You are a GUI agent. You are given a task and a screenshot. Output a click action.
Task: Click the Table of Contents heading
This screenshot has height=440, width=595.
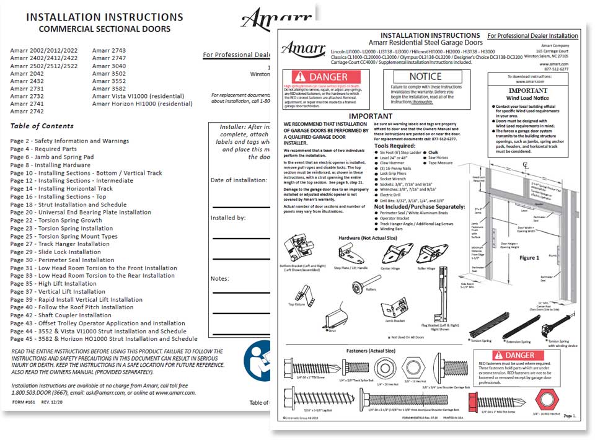(x=42, y=126)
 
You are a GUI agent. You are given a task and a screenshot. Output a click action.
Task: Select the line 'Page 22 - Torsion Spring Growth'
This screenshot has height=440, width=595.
(x=56, y=220)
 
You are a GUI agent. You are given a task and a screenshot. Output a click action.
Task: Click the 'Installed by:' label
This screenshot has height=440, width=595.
(x=228, y=218)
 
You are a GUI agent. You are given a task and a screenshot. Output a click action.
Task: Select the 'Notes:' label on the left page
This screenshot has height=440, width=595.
(x=221, y=278)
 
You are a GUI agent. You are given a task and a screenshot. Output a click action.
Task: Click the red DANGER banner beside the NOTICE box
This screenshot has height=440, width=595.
(x=326, y=77)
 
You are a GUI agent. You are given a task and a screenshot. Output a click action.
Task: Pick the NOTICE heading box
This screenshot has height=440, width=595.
(x=426, y=76)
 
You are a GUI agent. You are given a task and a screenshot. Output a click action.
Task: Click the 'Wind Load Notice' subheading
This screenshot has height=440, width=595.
(x=527, y=97)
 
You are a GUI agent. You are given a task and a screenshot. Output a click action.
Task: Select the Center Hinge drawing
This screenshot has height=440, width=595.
(x=390, y=253)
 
